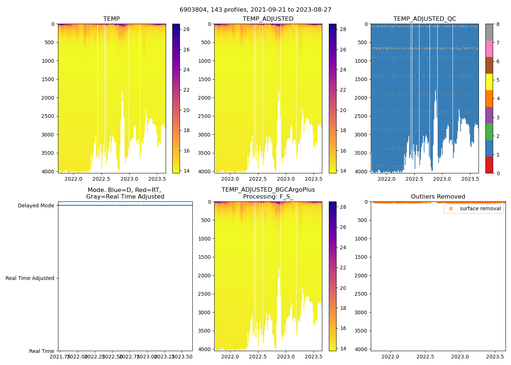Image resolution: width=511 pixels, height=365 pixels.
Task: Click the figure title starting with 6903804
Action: point(255,10)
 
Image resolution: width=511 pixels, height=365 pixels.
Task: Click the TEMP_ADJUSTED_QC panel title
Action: point(424,19)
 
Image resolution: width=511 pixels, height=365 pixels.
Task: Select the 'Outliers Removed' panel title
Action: point(438,197)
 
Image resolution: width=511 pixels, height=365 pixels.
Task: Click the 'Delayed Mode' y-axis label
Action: point(36,205)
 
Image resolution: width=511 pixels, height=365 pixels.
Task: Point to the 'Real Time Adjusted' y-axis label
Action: point(30,278)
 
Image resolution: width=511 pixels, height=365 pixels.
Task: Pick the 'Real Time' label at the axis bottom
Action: point(42,351)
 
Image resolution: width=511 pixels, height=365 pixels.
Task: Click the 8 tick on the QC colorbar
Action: point(497,24)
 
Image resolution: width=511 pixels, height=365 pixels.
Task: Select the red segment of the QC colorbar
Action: point(489,165)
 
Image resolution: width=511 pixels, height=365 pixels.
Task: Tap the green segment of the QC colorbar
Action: point(489,131)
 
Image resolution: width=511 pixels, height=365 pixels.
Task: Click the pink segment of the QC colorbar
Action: point(489,49)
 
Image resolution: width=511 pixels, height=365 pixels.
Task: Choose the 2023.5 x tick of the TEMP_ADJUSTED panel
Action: point(313,179)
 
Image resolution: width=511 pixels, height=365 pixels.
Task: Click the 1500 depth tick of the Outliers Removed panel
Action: point(361,257)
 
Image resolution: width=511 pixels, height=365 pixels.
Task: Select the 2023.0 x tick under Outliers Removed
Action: point(460,357)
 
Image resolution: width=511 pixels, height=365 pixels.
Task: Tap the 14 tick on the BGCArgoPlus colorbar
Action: point(343,349)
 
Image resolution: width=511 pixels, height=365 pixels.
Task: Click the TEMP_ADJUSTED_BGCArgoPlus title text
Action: point(268,190)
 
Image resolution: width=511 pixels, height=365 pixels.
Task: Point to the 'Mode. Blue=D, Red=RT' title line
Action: point(124,190)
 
